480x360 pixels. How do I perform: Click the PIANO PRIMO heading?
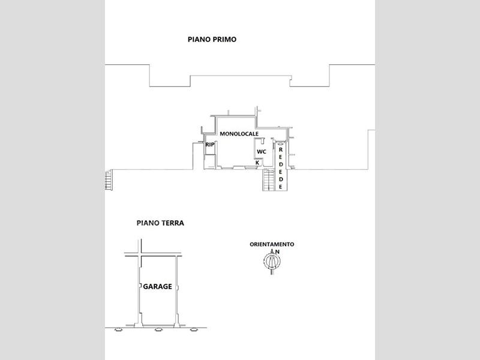212,40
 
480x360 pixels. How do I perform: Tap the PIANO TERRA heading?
160,223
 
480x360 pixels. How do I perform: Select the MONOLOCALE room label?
239,134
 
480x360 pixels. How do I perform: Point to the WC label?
262,152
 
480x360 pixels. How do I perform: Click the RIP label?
209,145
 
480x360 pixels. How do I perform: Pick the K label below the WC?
257,163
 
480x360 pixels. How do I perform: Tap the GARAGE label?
157,287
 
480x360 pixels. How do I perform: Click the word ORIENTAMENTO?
272,244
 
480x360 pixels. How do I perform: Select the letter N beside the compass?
277,251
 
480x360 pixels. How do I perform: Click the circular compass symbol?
272,261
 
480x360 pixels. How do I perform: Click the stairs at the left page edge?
109,181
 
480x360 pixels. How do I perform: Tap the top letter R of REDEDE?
280,150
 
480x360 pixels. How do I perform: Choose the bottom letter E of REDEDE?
280,187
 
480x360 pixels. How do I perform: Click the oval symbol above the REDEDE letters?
281,143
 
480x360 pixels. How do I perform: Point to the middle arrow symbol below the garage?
158,329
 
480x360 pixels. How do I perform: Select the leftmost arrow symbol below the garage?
118,329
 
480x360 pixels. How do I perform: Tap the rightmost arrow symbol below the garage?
193,329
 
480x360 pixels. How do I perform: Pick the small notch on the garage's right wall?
178,287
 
